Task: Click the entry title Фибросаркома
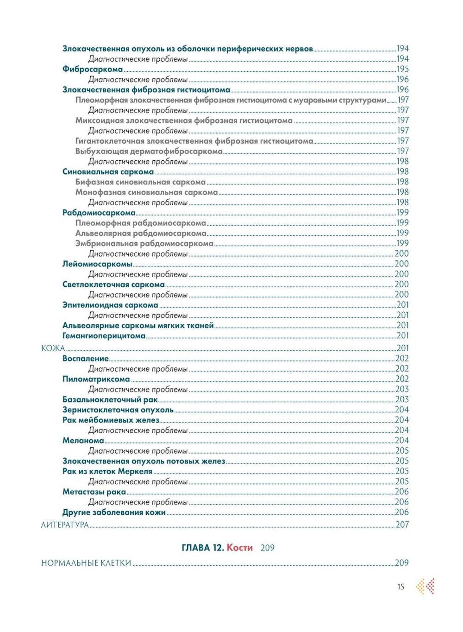[93, 70]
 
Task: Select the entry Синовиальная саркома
[108, 172]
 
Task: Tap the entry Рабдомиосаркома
[99, 213]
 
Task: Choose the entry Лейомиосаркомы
[97, 264]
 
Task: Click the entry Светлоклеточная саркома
[113, 284]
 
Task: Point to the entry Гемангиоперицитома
[104, 336]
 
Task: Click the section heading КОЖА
[53, 348]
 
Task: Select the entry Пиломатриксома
[96, 379]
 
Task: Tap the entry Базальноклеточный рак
[110, 399]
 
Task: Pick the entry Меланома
[83, 441]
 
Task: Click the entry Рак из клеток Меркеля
[107, 471]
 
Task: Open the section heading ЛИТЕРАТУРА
[65, 525]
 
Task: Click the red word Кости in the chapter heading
[240, 548]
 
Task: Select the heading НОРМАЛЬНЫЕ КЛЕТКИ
[86, 563]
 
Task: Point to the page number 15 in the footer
[400, 587]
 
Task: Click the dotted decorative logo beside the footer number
[425, 587]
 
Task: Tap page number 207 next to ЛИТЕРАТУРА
[402, 525]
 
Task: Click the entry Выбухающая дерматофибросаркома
[149, 152]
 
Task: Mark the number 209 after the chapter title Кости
[268, 548]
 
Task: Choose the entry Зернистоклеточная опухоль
[118, 410]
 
